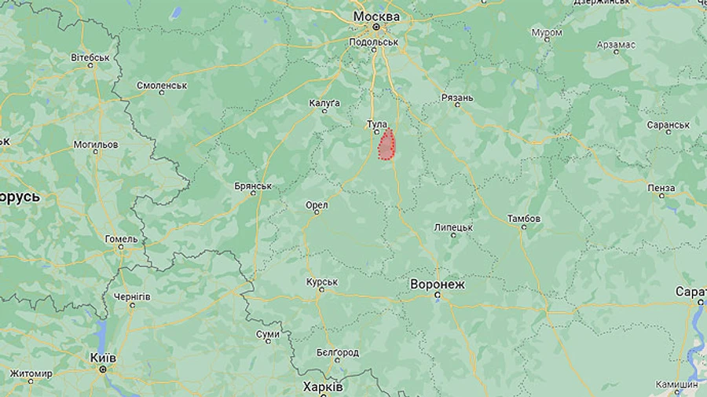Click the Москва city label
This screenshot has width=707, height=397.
[376, 17]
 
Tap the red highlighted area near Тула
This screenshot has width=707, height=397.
[386, 145]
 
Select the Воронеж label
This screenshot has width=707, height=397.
[438, 284]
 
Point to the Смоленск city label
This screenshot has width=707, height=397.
[162, 85]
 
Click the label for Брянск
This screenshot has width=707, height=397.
[253, 186]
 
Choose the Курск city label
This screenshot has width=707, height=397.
[322, 281]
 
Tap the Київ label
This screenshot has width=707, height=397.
[103, 358]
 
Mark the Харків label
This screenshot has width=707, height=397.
[322, 387]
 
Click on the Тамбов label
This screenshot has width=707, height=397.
[524, 218]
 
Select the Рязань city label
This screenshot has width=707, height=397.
[457, 97]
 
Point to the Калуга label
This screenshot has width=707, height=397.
[325, 103]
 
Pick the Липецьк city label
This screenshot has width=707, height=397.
[453, 227]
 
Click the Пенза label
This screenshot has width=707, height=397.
[661, 188]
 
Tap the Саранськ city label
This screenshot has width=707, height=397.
[668, 125]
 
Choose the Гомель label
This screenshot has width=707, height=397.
[122, 239]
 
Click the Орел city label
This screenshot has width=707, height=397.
[317, 205]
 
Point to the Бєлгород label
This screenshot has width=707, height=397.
[338, 353]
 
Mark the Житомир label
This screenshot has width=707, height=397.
[31, 373]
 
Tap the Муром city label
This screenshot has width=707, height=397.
[547, 33]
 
